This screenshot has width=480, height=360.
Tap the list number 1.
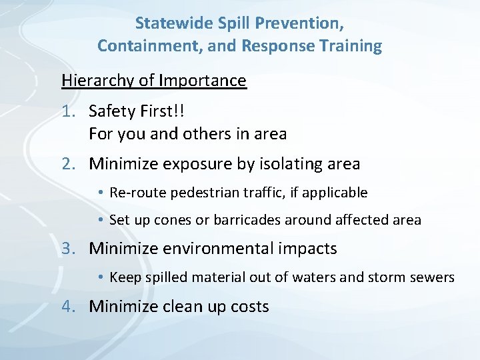[69, 111]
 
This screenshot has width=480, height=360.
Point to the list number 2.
[69, 163]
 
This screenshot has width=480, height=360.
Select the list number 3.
[69, 249]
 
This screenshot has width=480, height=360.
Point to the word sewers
[432, 277]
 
